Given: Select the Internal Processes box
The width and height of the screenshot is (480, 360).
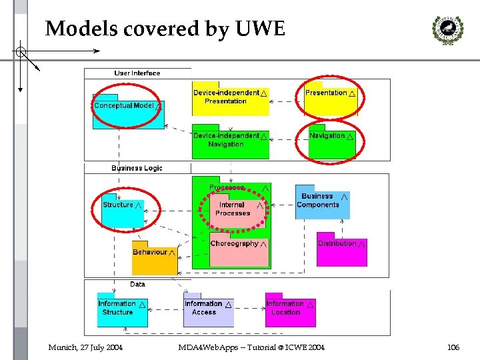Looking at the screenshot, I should [234, 211].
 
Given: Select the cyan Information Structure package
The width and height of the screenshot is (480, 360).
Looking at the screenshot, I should [122, 310].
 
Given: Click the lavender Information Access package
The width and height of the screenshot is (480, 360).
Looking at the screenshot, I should [209, 310].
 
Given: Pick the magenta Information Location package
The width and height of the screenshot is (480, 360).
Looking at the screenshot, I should [290, 310].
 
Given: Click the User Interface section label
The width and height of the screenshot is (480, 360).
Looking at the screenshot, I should [137, 73].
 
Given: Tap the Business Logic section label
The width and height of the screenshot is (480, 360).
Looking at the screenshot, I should [137, 168].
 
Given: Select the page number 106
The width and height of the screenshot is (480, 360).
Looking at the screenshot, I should [453, 347].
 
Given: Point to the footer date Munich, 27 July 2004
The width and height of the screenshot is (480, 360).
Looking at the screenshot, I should [85, 347].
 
